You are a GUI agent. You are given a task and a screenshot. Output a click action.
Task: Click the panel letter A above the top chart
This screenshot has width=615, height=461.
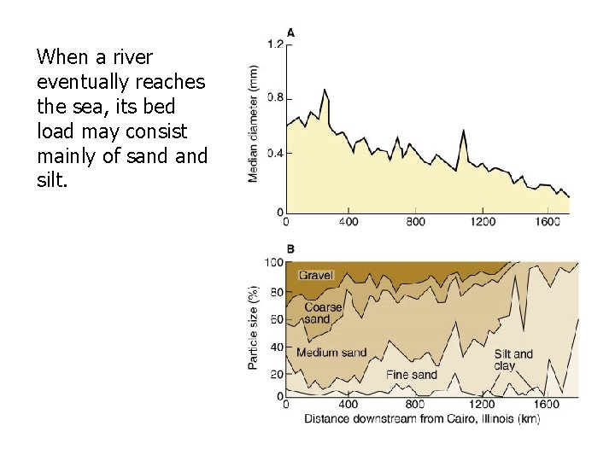coord(291,32)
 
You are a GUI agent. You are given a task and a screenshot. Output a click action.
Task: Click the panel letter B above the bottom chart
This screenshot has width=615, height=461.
coord(291,248)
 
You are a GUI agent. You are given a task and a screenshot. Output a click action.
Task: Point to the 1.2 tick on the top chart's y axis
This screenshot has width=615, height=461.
coord(275,44)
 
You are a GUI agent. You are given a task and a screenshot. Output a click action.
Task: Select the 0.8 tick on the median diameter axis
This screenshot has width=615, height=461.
coord(275,97)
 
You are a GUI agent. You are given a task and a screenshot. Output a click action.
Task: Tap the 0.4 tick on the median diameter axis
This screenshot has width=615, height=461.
coord(275,154)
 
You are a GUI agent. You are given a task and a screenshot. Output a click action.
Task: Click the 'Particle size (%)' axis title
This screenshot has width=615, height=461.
coord(254,328)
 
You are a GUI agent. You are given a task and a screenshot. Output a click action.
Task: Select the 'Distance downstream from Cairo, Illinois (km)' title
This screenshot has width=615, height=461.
coord(422,417)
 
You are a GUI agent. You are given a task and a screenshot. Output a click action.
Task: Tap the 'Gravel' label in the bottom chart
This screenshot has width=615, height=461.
coord(316,275)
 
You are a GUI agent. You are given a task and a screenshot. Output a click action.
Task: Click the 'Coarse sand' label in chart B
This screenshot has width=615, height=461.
coord(322,312)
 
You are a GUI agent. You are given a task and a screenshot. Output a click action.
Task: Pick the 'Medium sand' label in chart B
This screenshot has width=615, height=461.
coord(331,353)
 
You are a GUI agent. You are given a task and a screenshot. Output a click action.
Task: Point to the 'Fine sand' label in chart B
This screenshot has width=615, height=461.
coord(411,374)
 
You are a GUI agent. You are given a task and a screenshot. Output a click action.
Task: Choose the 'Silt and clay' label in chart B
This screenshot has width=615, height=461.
coord(513,359)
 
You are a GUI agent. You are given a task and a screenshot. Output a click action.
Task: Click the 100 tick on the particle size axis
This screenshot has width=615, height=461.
coord(273,262)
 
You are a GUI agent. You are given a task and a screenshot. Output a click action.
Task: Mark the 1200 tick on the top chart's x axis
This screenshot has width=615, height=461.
coord(482,222)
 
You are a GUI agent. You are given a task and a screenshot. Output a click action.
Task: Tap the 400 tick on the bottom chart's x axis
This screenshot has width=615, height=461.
coord(348,405)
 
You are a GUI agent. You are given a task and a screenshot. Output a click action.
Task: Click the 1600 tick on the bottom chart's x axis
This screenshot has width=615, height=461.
coord(547,405)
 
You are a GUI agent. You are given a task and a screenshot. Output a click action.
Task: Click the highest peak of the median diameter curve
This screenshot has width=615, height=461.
coord(325,90)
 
